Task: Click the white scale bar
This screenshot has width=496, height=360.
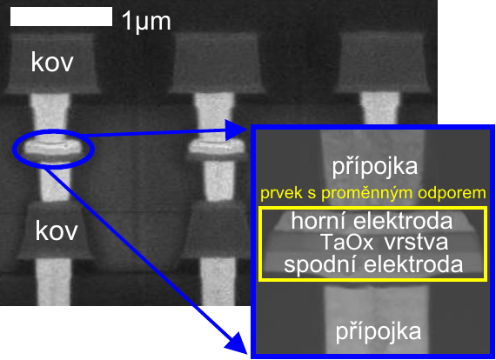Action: click(62, 17)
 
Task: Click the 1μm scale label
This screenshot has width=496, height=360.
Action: click(146, 21)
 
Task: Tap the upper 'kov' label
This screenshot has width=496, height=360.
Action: click(52, 63)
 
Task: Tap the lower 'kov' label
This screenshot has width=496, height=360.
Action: click(57, 231)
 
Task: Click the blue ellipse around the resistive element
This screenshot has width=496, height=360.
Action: click(14, 148)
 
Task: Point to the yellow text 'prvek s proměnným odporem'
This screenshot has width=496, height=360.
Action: click(373, 193)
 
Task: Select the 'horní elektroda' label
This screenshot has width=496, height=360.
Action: click(372, 221)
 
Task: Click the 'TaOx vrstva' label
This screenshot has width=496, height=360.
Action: click(384, 243)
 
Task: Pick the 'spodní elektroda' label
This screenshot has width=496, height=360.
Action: click(373, 264)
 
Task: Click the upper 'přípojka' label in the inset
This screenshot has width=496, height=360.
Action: click(374, 167)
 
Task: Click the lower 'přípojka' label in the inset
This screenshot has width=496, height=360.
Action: click(379, 332)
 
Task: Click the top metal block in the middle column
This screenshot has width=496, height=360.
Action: click(217, 63)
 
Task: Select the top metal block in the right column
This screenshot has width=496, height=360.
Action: click(382, 63)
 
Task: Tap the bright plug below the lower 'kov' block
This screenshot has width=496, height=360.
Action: click(54, 281)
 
